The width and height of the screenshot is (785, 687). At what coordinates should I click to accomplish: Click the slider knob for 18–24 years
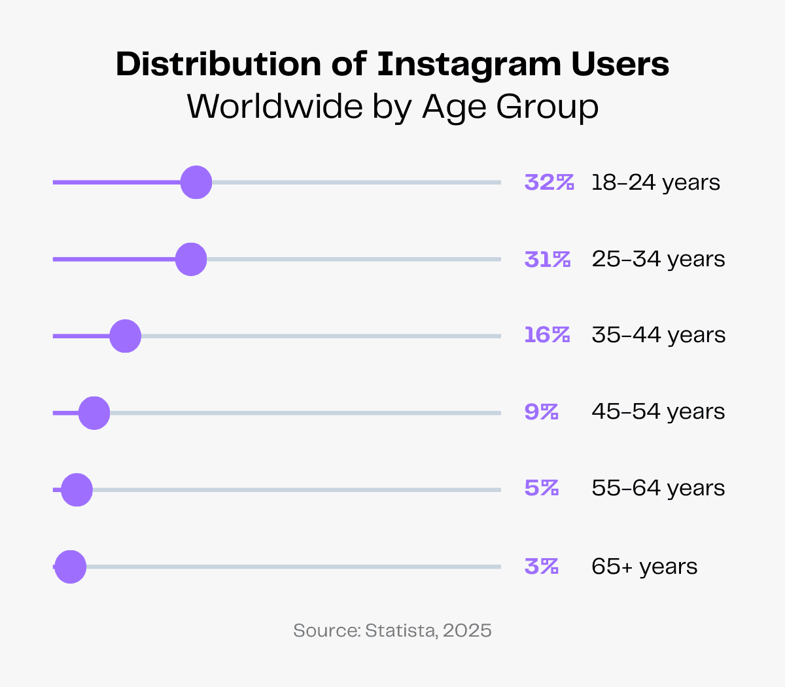[196, 183]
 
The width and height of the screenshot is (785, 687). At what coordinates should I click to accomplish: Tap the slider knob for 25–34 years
[191, 259]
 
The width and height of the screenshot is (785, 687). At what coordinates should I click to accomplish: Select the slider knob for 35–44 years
[126, 336]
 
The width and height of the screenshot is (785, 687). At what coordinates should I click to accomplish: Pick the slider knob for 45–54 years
[94, 413]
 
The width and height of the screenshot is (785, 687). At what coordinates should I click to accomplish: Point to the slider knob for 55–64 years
[77, 490]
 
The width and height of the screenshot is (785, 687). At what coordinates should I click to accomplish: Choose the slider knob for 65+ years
[71, 567]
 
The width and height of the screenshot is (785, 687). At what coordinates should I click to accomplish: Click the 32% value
[549, 183]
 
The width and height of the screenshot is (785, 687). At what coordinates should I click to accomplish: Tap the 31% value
[548, 259]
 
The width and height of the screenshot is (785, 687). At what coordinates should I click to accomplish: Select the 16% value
[547, 336]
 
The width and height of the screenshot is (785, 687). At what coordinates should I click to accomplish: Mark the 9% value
[541, 412]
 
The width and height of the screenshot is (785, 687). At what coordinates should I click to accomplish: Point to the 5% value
[541, 488]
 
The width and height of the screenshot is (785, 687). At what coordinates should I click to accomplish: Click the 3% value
[541, 566]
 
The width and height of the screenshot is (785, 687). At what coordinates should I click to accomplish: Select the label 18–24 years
[655, 183]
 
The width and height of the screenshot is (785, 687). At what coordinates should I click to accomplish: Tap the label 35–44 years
[658, 336]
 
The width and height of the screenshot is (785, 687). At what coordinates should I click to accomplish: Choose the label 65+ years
[644, 566]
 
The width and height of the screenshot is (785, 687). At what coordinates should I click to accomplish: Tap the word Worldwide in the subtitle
[275, 107]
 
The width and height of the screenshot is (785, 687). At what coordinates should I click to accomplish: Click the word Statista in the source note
[400, 631]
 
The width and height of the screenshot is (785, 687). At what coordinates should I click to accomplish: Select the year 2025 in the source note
[467, 631]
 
